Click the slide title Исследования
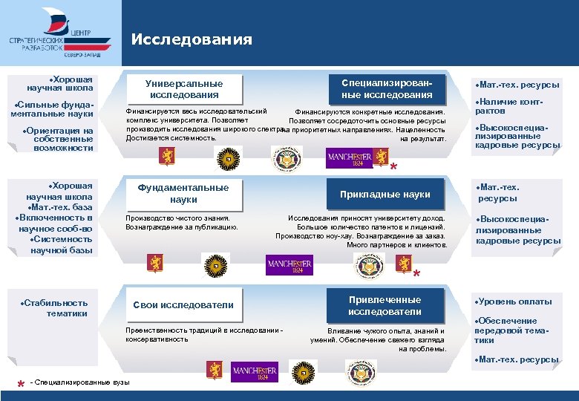pos(192,40)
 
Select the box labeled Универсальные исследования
pos(184,89)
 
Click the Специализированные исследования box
pos(386,89)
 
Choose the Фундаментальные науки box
pos(183,194)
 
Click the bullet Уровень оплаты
pos(515,301)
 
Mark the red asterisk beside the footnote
pos(20,384)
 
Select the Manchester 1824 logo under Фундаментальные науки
pos(289,264)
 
